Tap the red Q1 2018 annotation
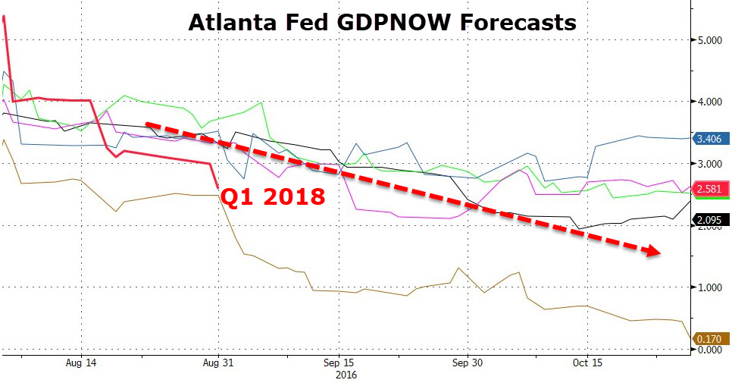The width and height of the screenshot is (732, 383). click(x=272, y=197)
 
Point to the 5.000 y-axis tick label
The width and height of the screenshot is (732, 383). click(x=711, y=40)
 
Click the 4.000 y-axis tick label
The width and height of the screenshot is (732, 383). click(x=711, y=102)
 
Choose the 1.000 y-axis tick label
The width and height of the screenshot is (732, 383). click(x=711, y=288)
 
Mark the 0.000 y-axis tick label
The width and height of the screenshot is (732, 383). click(x=711, y=350)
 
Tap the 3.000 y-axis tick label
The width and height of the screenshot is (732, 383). click(x=711, y=164)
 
